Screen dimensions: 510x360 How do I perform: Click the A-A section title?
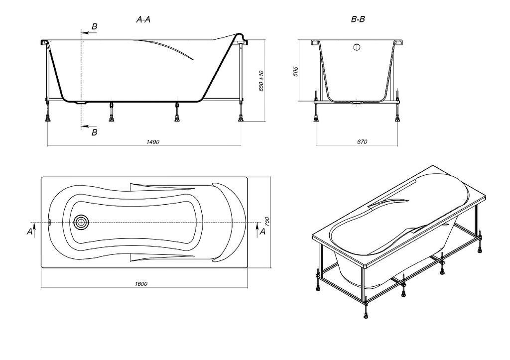click(143, 19)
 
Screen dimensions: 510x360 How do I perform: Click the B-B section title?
click(358, 19)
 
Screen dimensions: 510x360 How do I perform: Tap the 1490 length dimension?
click(153, 142)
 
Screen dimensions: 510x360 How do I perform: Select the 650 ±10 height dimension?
click(261, 81)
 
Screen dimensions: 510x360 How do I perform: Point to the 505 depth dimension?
click(296, 71)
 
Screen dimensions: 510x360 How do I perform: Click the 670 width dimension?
click(362, 142)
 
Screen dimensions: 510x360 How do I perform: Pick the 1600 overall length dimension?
click(141, 284)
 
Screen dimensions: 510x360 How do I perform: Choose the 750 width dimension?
click(267, 222)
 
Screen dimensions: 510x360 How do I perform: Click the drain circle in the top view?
click(80, 223)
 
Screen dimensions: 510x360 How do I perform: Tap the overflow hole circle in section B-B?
click(357, 47)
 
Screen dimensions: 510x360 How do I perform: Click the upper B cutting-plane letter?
click(94, 27)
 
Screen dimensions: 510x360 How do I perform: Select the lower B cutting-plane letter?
click(94, 132)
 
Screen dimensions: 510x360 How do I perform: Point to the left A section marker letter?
click(29, 232)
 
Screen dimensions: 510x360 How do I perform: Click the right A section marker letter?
click(262, 232)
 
